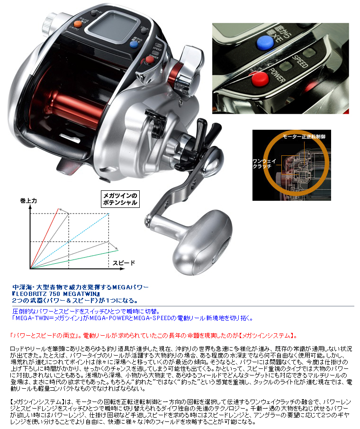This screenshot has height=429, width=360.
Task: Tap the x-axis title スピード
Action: coord(124,262)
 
